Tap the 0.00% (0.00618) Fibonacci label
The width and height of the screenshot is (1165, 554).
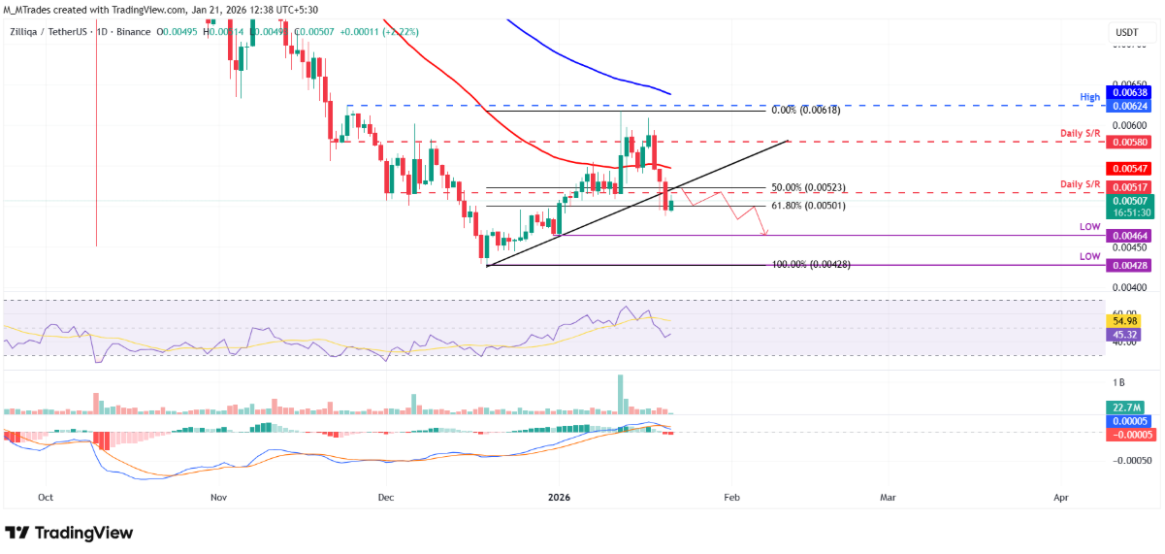point(805,111)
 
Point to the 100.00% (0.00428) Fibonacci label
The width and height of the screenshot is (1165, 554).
point(811,265)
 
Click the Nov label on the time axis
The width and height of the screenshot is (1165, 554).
point(218,497)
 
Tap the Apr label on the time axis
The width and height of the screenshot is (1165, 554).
point(1060,497)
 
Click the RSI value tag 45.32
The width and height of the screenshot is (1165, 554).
point(1125,334)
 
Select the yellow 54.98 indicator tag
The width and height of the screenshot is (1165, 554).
point(1125,321)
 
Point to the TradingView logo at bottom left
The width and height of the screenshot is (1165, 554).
point(69,533)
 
